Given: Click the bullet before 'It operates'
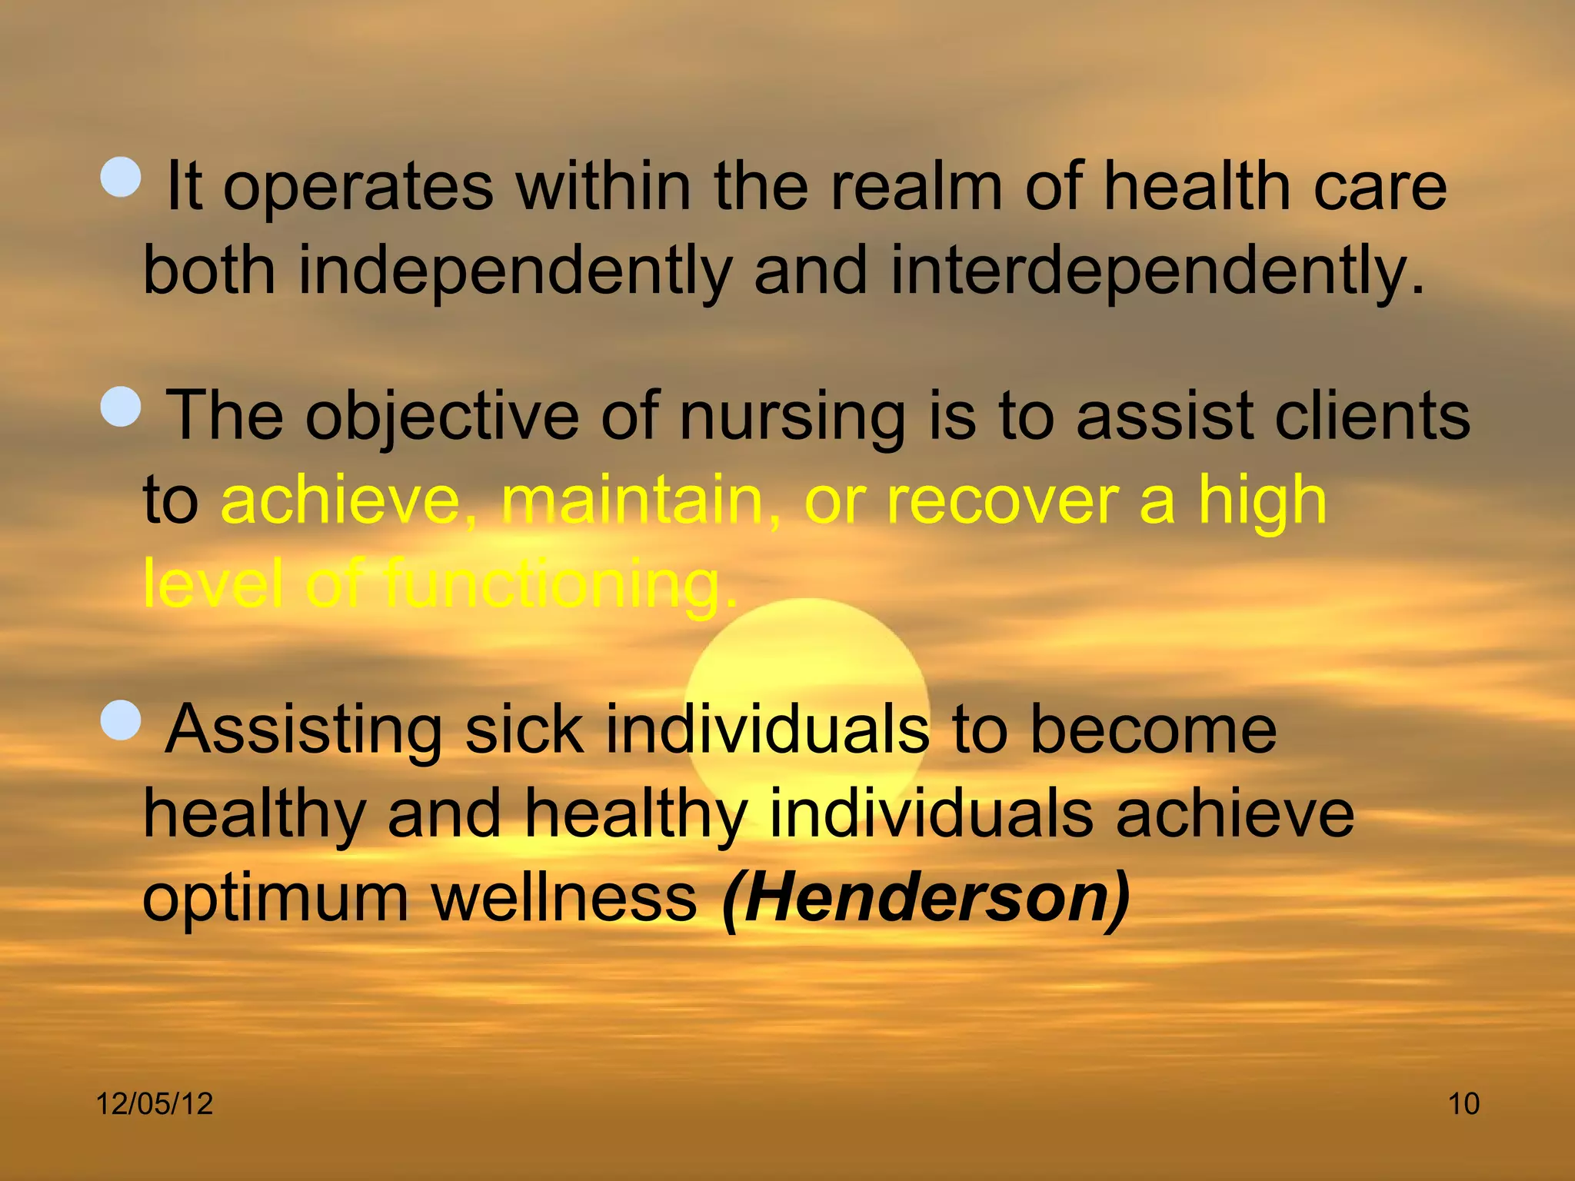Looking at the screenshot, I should [122, 178].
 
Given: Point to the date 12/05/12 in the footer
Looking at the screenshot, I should [154, 1104].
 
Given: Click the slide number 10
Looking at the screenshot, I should [1463, 1104].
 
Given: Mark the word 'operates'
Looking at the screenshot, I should [358, 188].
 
